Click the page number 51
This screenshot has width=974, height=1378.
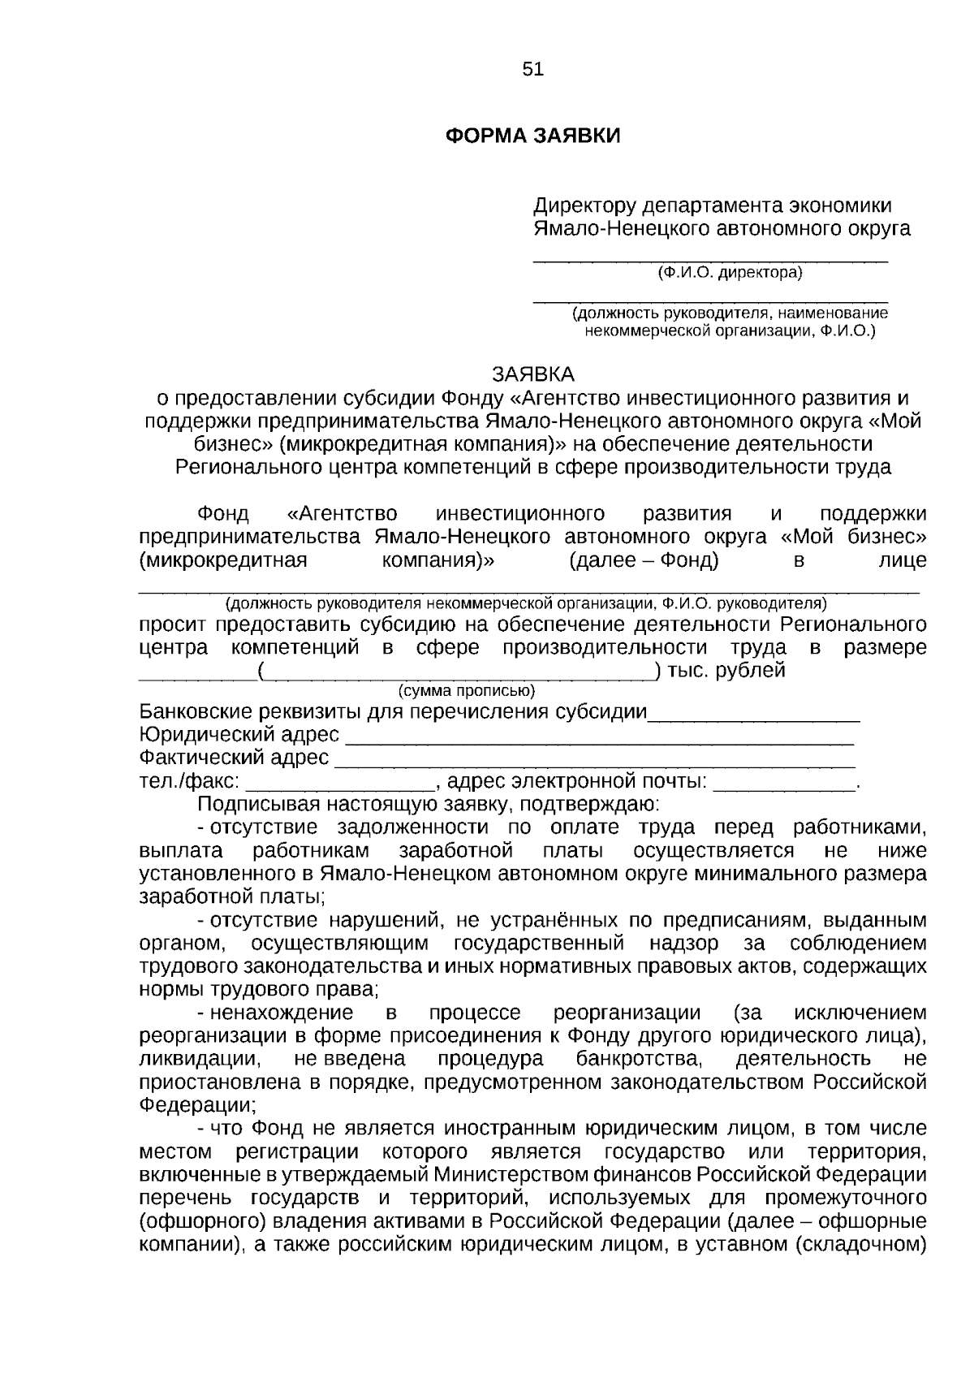tap(533, 70)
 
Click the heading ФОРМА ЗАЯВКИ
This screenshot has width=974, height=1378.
tap(533, 136)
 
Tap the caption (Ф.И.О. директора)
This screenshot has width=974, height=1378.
tap(730, 273)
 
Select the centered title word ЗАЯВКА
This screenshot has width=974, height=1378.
tap(533, 374)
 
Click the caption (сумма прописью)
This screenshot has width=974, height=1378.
tap(466, 691)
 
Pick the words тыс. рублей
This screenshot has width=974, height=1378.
tap(726, 671)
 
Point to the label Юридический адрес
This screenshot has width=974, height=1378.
tap(239, 735)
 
